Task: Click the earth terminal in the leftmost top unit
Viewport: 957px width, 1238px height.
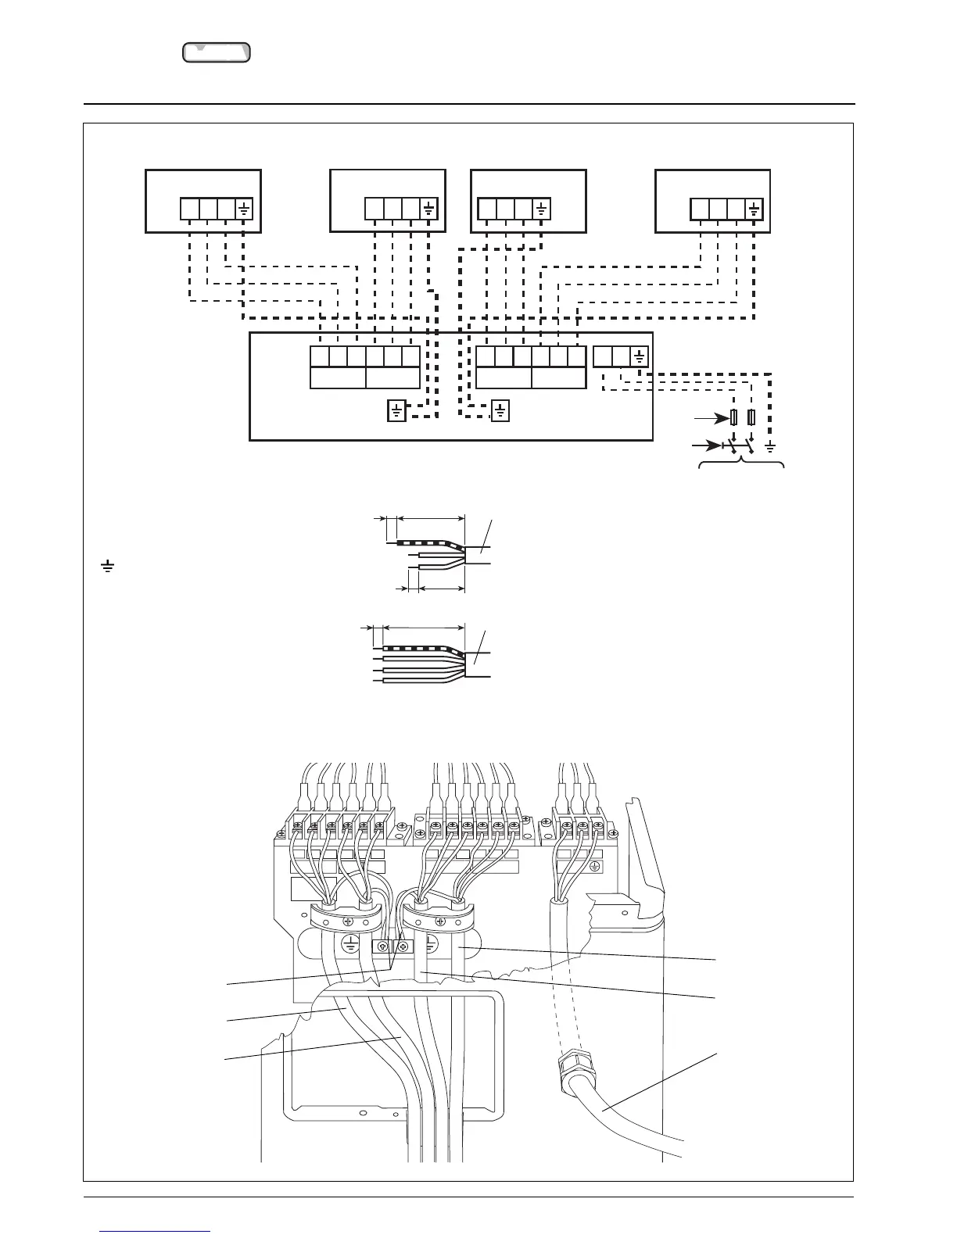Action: (x=244, y=209)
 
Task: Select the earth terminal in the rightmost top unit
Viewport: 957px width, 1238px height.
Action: (x=754, y=209)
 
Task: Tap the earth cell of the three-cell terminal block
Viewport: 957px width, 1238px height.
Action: (x=640, y=357)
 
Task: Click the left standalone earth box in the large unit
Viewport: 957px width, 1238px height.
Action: (x=396, y=410)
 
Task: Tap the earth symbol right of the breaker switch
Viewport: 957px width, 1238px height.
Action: (x=771, y=447)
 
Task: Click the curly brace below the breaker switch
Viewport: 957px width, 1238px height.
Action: (x=740, y=467)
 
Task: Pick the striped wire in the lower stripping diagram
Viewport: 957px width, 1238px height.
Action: (x=414, y=648)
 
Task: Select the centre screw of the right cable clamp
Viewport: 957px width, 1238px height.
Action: (x=440, y=921)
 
